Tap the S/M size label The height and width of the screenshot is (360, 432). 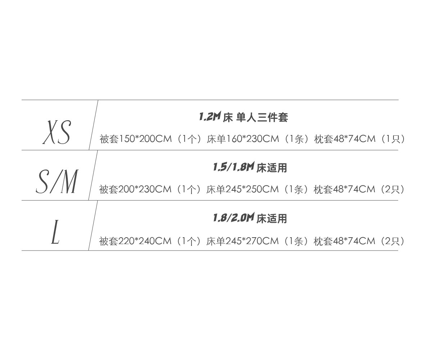pos(57,182)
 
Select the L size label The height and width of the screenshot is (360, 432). pos(55,232)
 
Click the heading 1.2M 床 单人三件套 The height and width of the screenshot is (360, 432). pos(243,117)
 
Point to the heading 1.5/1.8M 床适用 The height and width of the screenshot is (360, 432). pos(249,167)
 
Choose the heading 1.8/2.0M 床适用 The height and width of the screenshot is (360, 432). pos(249,218)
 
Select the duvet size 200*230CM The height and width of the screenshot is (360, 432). pos(145,189)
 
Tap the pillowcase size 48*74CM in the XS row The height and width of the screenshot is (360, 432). pos(355,139)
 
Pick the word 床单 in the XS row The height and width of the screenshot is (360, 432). pos(216,139)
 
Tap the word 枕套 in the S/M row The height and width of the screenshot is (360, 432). pos(323,189)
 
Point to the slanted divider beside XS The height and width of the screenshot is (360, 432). pos(94,125)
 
